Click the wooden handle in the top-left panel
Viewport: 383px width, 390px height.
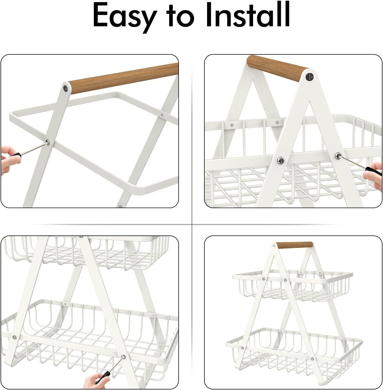click(123, 78)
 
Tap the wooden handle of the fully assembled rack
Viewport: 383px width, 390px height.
click(294, 245)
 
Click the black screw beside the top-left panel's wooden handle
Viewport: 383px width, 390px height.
click(66, 88)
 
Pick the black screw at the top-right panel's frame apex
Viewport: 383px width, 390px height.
click(310, 76)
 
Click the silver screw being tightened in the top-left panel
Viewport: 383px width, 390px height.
click(48, 142)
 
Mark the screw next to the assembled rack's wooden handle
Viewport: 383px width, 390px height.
click(274, 245)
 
